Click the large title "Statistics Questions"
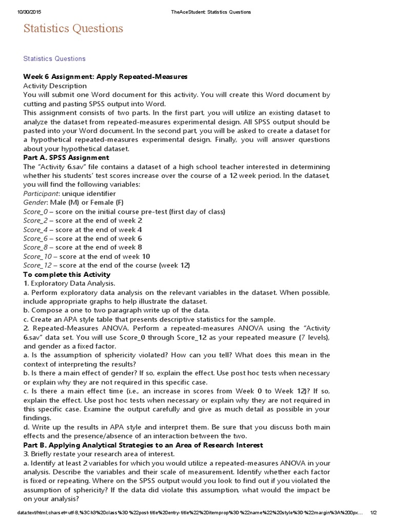[x=73, y=29]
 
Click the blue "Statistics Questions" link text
[x=54, y=59]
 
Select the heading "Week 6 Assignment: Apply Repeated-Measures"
[x=105, y=77]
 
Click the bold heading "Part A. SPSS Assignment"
[x=66, y=157]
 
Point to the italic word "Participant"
[x=41, y=194]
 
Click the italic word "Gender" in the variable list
[x=35, y=203]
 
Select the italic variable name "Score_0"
[x=35, y=212]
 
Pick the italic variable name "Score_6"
[x=35, y=238]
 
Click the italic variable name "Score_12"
[x=37, y=266]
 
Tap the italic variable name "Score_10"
[x=37, y=256]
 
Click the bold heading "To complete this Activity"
[x=67, y=275]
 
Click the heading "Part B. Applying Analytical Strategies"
[x=143, y=445]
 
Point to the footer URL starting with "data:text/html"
[x=185, y=513]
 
